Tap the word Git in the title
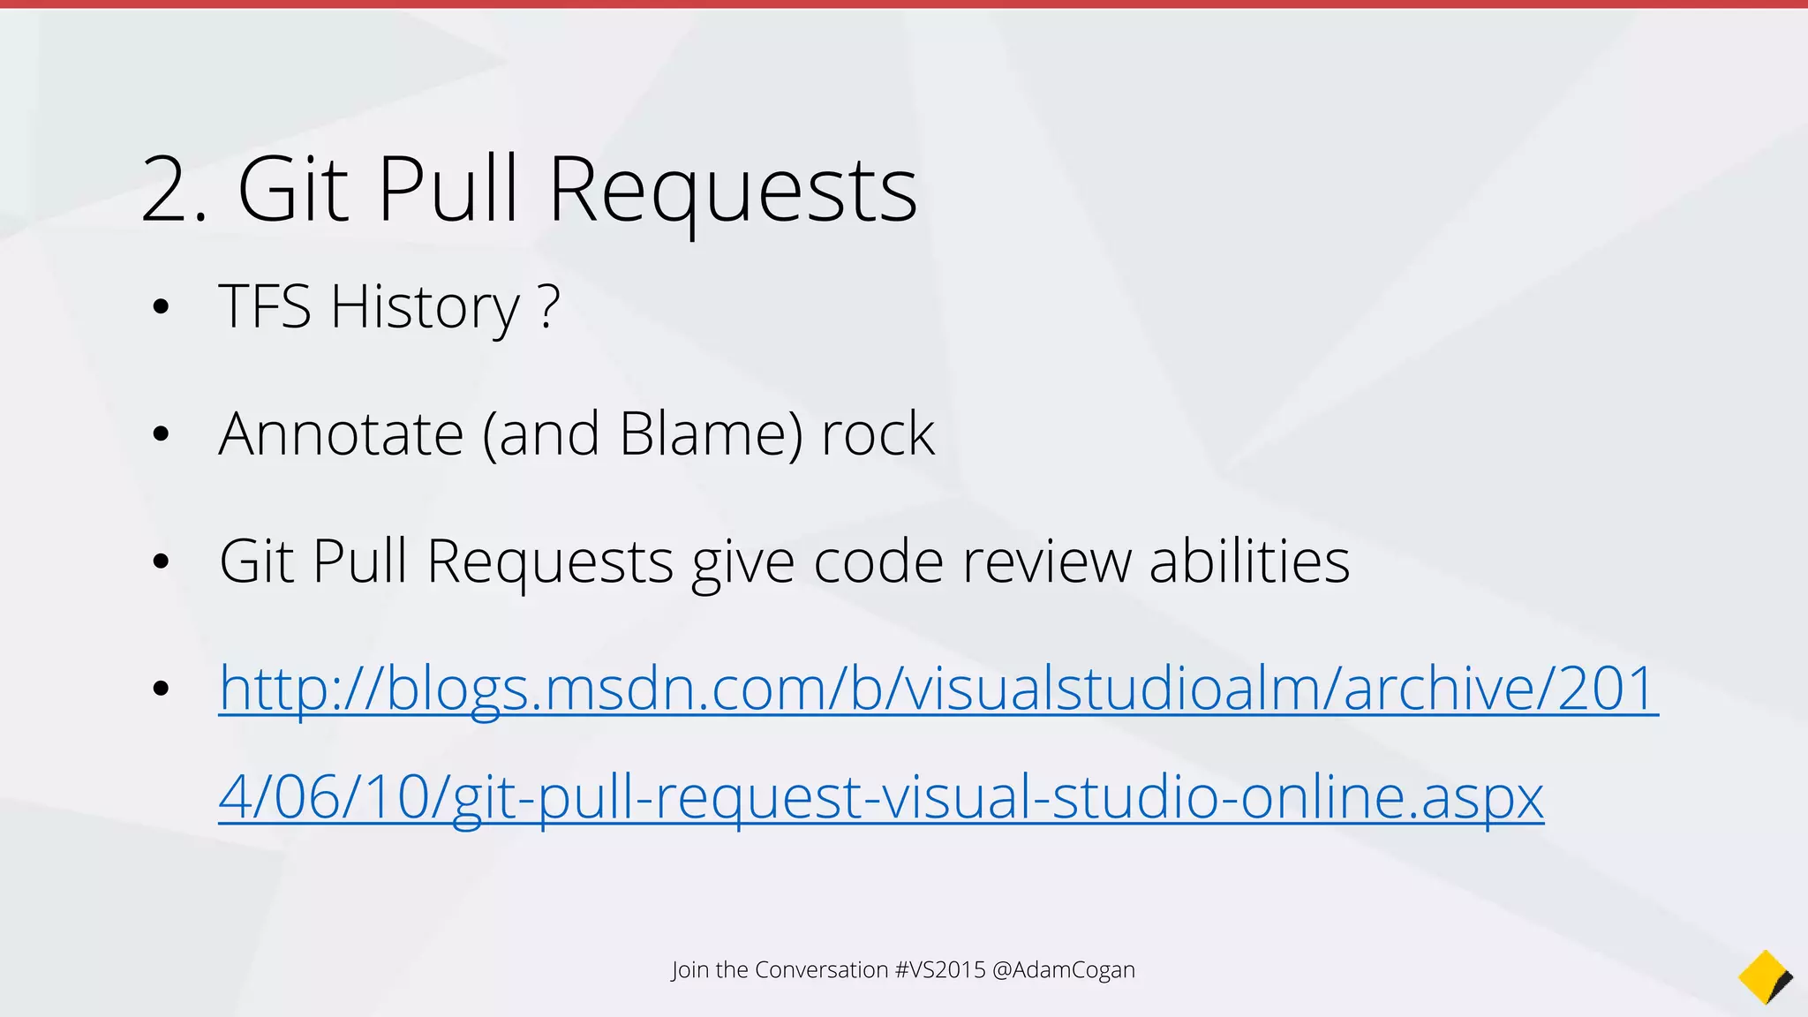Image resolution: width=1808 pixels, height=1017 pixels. [x=292, y=190]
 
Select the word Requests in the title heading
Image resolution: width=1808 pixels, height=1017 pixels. [x=733, y=190]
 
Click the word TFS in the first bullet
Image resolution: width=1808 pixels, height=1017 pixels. [x=265, y=307]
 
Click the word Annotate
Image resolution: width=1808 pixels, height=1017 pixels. [x=341, y=434]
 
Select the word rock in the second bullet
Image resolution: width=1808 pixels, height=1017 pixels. [x=878, y=434]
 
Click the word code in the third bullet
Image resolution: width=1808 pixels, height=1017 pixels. [x=878, y=561]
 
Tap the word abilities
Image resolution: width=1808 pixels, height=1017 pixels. [x=1249, y=561]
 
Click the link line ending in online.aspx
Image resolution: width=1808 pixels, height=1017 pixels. [x=880, y=797]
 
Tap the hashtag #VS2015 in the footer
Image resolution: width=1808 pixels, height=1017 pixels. [x=940, y=970]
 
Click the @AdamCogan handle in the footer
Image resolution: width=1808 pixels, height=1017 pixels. [x=1064, y=970]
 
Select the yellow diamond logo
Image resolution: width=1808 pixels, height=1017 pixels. [x=1764, y=977]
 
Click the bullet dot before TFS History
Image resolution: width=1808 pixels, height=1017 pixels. [x=160, y=308]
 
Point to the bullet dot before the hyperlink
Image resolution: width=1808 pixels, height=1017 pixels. [x=160, y=689]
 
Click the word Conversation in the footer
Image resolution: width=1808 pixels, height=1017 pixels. [x=821, y=970]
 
